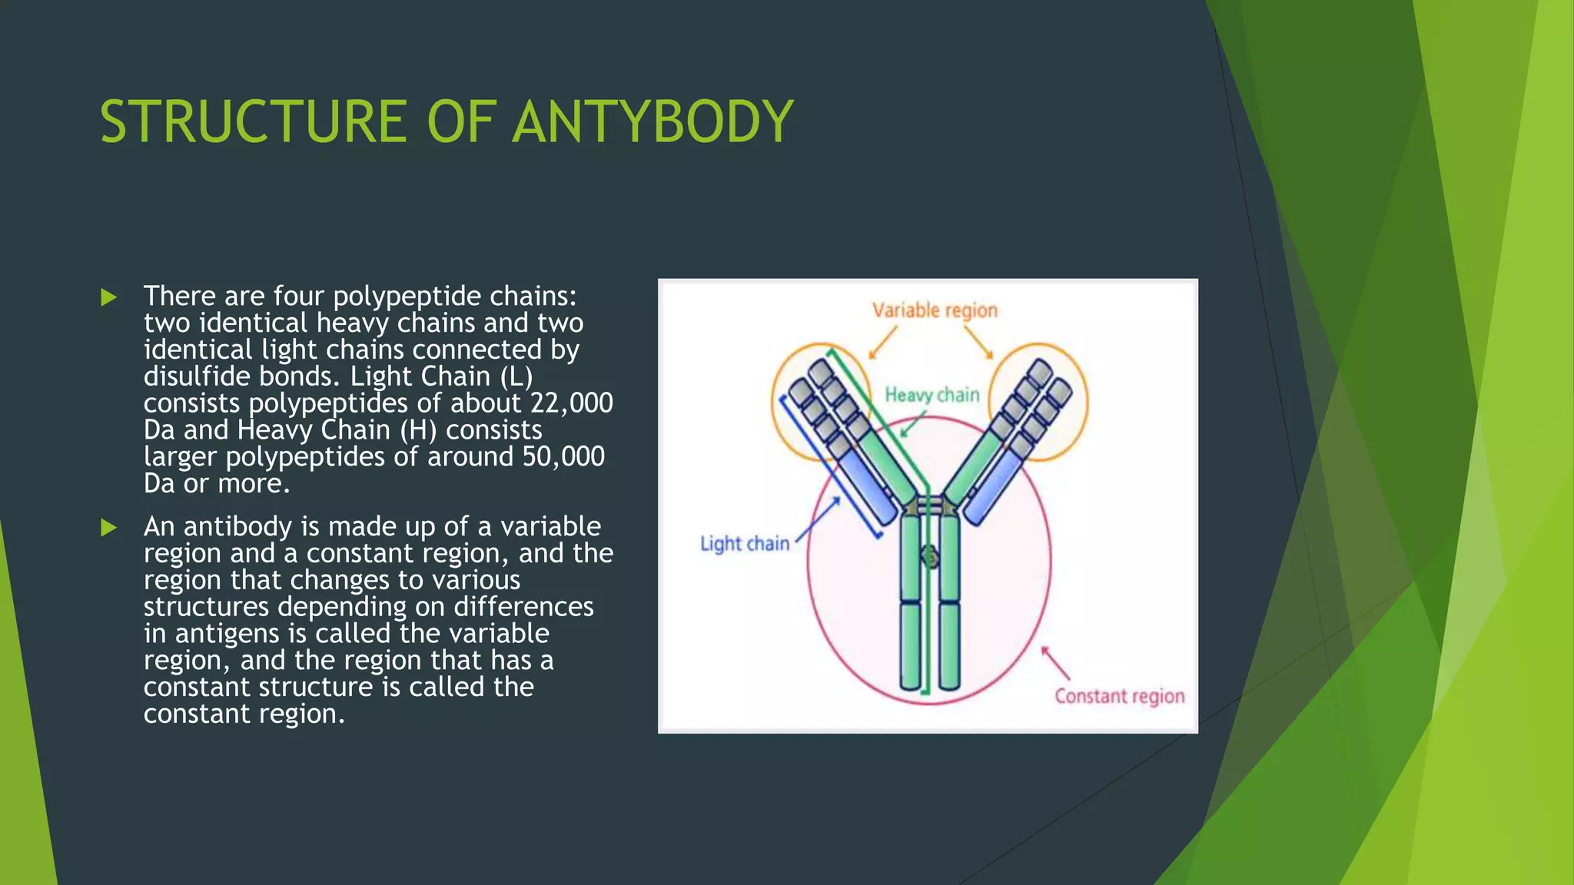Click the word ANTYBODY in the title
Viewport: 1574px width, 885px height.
(x=653, y=121)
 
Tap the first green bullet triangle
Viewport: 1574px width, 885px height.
(x=109, y=297)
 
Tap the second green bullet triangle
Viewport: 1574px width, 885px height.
(x=109, y=528)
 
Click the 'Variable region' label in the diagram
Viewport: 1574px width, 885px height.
(x=935, y=310)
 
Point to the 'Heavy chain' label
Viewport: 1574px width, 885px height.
(x=931, y=395)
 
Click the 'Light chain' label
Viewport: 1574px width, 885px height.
(x=744, y=544)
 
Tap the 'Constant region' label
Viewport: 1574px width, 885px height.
(x=1119, y=696)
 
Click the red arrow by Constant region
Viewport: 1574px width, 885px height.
(x=1056, y=663)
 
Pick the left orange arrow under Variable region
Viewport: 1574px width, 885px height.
(x=883, y=343)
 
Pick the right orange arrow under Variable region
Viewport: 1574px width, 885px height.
(x=979, y=343)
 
